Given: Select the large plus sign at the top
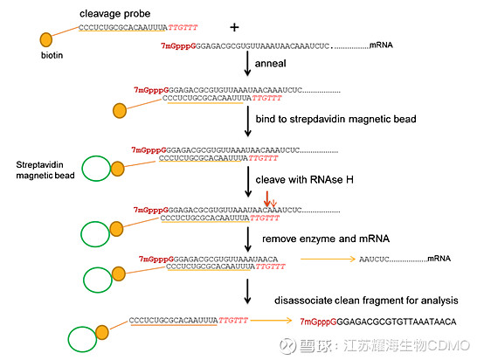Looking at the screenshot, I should pos(234,27).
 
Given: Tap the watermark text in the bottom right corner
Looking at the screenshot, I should pos(384,347).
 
